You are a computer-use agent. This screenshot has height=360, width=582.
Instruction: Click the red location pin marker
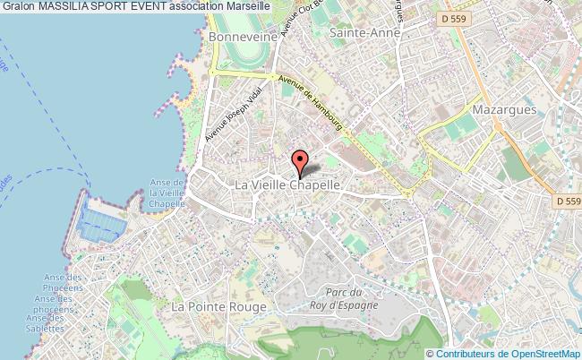(x=301, y=161)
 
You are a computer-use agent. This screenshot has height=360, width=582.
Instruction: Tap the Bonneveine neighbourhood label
(x=239, y=38)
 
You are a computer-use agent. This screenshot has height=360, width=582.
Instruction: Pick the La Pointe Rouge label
(x=219, y=306)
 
